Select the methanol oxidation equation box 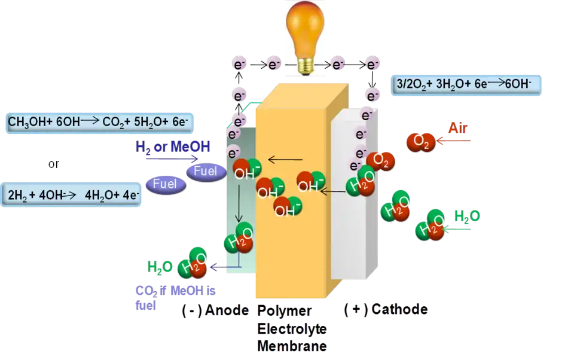tap(99, 122)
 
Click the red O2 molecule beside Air tap(420, 142)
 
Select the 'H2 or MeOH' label tap(173, 147)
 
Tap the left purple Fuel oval tap(164, 184)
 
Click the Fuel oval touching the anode tap(206, 172)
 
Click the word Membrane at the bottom tap(293, 346)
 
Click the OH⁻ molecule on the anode tap(246, 171)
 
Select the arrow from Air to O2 tap(454, 141)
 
